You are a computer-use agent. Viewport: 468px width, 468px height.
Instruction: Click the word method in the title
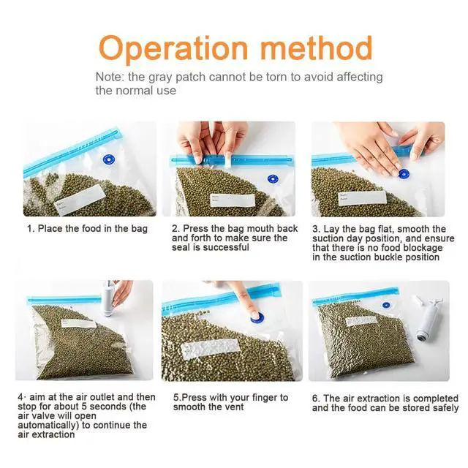tap(317, 48)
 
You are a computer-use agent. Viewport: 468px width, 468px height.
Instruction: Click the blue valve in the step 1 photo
tap(109, 159)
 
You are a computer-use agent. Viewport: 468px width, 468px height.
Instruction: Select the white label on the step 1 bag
tap(80, 199)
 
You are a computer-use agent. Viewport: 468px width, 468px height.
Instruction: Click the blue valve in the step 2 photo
tap(273, 179)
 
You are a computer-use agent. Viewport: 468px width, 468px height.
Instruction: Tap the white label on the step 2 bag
tap(233, 200)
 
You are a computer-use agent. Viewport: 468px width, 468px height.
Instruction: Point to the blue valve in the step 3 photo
tap(404, 174)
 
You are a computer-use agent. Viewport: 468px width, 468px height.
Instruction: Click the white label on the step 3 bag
tap(362, 198)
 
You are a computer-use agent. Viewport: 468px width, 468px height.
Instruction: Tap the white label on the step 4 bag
tap(78, 323)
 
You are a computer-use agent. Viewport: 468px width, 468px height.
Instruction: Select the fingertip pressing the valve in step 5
tap(254, 314)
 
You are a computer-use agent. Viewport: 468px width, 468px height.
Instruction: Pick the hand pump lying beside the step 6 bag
tap(428, 318)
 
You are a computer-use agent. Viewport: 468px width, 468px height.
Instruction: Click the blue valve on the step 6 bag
tap(386, 305)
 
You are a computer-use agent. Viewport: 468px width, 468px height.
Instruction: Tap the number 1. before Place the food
tap(31, 229)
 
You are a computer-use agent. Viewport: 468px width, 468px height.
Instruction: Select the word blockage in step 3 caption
tap(427, 248)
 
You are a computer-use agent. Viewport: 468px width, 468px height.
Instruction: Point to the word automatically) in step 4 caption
tap(48, 425)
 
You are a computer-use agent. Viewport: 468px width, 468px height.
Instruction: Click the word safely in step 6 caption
tap(445, 408)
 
